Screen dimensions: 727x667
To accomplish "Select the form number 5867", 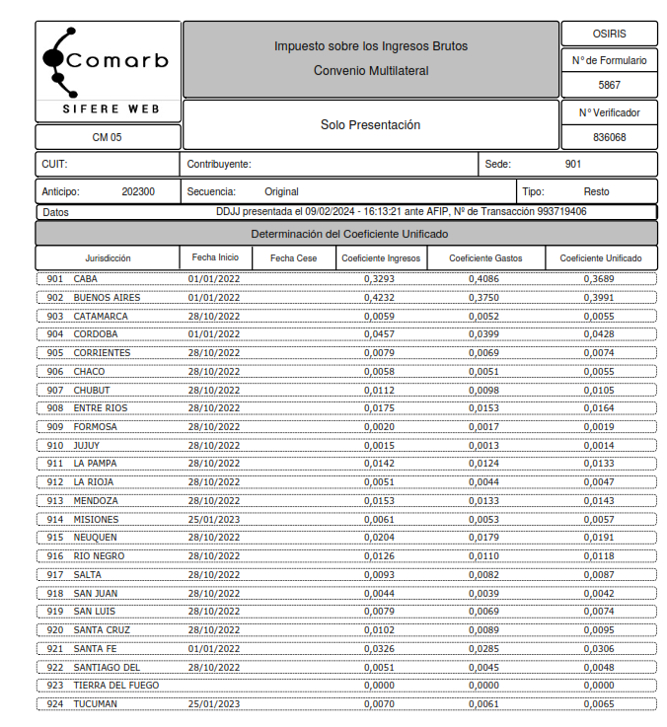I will click(x=609, y=85).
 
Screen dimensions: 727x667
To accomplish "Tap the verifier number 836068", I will click(x=609, y=137).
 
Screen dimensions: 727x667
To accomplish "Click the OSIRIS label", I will click(x=609, y=33).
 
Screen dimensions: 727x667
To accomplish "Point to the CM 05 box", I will click(x=107, y=137).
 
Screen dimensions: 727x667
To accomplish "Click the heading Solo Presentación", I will click(x=370, y=125).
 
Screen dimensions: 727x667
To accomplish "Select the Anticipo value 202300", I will click(x=138, y=191).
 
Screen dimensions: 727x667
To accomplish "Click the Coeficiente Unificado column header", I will click(x=601, y=258).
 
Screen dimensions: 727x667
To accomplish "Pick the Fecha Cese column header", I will click(x=293, y=258).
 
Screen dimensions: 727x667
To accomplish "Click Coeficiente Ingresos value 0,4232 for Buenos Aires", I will click(x=379, y=297).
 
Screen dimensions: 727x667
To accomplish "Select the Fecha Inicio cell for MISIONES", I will click(x=214, y=519).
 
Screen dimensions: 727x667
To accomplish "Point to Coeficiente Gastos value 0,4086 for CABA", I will click(x=483, y=279).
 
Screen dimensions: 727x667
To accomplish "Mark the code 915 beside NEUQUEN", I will click(x=55, y=538).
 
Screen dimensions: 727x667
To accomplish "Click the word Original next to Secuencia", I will click(x=281, y=191).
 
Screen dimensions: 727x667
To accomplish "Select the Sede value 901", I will click(x=573, y=164).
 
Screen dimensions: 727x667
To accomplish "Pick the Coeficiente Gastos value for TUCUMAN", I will click(x=483, y=704).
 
